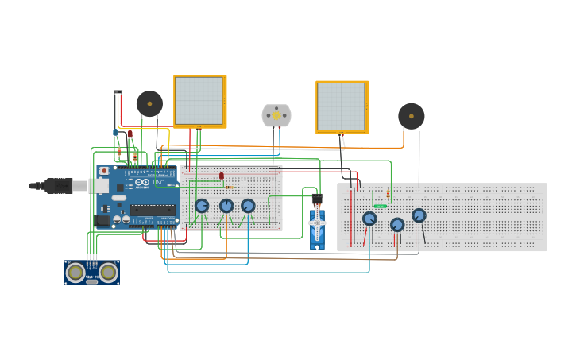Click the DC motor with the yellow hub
276,115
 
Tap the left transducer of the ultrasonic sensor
75,272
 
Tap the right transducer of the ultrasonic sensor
108,272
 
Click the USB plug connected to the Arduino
60,186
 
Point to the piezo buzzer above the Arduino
149,103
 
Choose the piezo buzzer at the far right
411,116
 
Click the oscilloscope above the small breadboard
199,101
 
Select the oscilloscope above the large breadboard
342,106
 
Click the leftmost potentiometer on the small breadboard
202,206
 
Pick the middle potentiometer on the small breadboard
226,206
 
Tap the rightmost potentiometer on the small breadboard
248,206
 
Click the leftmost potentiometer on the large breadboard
369,219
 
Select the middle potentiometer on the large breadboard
397,225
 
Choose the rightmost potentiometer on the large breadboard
419,215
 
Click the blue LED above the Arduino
115,132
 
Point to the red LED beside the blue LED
130,134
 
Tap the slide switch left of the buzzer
118,93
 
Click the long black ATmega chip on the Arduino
153,210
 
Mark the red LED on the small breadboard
222,176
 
